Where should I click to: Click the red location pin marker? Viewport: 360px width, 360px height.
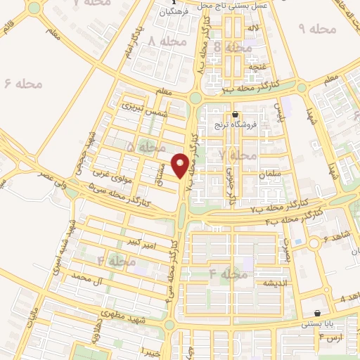[181, 165]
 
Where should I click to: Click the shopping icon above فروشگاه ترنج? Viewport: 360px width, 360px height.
[235, 115]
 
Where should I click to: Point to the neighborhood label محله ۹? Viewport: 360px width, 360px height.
[318, 29]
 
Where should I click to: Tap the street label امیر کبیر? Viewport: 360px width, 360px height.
[138, 243]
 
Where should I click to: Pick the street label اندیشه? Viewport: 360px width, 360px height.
[257, 283]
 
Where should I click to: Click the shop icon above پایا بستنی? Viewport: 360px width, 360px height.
[318, 314]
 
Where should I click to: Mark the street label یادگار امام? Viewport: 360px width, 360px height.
[129, 39]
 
